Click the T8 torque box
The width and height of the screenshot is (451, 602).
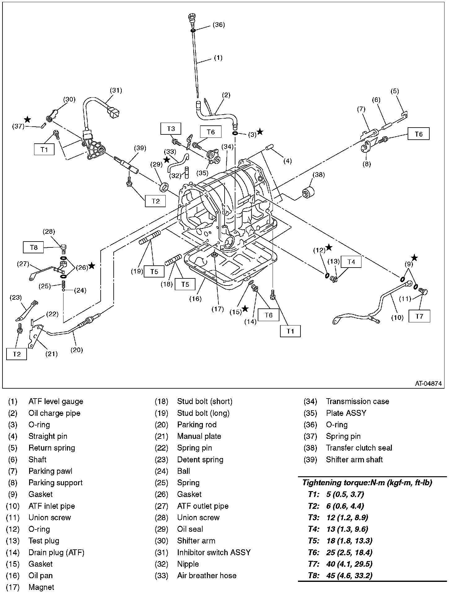click(x=33, y=247)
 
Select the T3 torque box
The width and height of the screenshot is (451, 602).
click(x=171, y=129)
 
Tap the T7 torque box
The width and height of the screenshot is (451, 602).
click(x=419, y=316)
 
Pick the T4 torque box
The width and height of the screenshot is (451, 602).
click(x=351, y=262)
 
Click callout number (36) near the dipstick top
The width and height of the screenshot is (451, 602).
click(x=218, y=25)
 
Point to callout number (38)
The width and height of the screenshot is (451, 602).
click(x=318, y=175)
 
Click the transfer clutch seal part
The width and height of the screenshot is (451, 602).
click(x=309, y=192)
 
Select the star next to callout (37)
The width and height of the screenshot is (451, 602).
click(x=28, y=119)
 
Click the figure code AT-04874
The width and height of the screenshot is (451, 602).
click(x=428, y=383)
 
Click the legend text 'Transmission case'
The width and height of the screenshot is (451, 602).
click(x=357, y=401)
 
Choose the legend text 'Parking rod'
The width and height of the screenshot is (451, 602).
click(x=197, y=425)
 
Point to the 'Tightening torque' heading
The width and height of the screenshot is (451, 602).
click(x=367, y=482)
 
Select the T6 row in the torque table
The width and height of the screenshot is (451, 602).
click(x=341, y=552)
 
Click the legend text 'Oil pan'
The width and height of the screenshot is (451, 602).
click(x=41, y=575)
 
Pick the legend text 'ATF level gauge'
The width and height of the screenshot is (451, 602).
click(x=56, y=401)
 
